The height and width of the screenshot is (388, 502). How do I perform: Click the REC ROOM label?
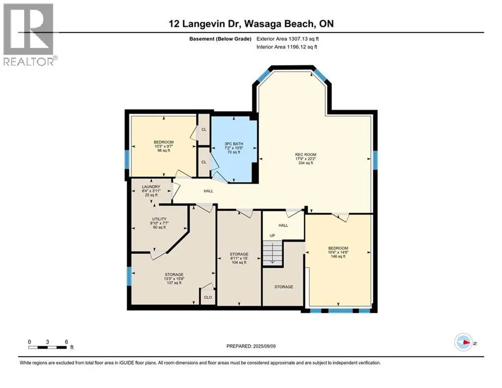[305, 155]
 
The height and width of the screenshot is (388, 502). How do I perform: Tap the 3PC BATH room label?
[234, 144]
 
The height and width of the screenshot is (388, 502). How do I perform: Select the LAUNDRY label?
[151, 186]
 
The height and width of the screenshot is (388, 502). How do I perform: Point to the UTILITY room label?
[159, 219]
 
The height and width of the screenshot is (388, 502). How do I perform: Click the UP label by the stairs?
[272, 236]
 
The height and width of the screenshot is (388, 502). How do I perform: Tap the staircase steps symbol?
[272, 253]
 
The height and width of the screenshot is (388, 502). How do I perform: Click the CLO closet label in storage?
[208, 297]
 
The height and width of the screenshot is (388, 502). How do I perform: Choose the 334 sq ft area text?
[305, 163]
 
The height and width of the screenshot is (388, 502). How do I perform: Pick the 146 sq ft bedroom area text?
[338, 257]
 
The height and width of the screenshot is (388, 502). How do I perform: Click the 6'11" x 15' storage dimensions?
[239, 258]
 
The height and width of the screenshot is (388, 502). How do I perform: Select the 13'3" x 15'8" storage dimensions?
[174, 279]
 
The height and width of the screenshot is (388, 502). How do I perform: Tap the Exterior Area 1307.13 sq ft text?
[288, 39]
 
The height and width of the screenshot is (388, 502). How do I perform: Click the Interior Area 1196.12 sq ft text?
[287, 47]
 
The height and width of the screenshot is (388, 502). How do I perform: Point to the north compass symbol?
[464, 342]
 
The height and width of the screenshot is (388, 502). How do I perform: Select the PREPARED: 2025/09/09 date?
[251, 346]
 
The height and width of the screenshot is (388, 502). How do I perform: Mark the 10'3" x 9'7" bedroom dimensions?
[163, 147]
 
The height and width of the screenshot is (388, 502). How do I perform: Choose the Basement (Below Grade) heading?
[220, 39]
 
